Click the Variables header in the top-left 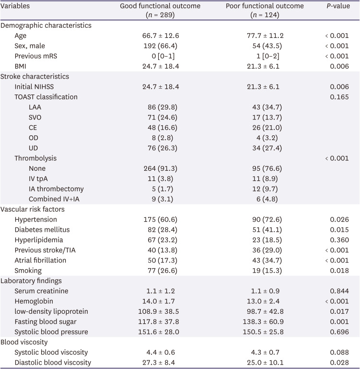15,6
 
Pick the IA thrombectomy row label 56,189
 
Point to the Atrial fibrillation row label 40,260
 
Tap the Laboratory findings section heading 32,281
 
